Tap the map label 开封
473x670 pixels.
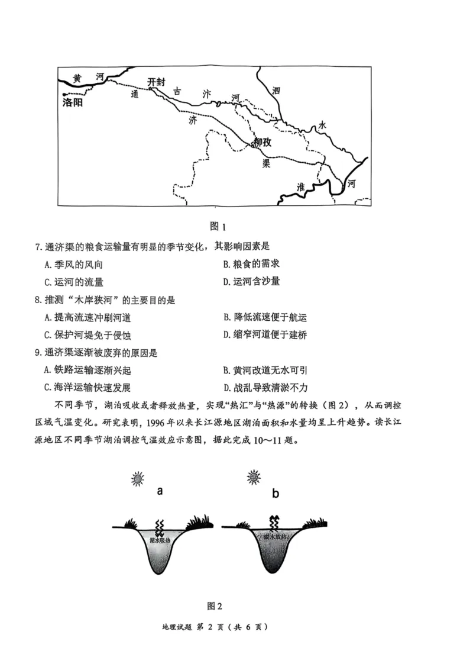157,82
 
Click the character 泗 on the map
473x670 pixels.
276,91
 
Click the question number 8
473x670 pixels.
37,300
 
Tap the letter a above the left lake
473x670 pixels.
160,491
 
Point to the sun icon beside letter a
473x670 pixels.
138,478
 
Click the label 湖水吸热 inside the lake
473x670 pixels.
160,540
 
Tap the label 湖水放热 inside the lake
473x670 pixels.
275,537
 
